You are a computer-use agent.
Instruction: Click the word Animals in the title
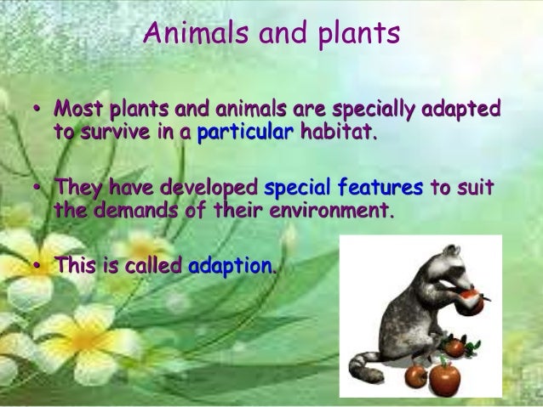tap(196, 32)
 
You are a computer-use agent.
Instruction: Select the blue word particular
tap(245, 132)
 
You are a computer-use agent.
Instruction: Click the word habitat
tap(339, 131)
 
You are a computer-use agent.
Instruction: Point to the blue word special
tap(297, 188)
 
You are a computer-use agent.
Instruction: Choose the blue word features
tap(380, 187)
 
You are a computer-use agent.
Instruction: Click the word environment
tap(332, 210)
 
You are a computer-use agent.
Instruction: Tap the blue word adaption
tap(231, 266)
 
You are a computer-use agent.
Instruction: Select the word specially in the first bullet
tap(373, 110)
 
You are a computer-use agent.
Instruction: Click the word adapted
tap(461, 109)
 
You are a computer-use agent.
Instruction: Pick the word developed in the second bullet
tap(209, 188)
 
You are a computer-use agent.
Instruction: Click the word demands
tap(135, 210)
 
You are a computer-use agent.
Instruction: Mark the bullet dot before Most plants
tap(37, 110)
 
